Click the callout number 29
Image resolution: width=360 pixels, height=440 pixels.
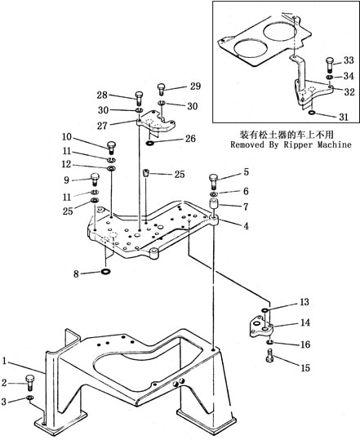click(x=196, y=87)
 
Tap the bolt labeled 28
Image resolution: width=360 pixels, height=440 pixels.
click(x=140, y=98)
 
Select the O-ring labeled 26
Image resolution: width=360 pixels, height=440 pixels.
click(x=150, y=144)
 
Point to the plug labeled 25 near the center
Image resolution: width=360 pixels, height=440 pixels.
click(x=145, y=172)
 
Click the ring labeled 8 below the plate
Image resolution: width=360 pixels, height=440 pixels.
click(x=106, y=272)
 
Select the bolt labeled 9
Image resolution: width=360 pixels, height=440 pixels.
click(x=95, y=180)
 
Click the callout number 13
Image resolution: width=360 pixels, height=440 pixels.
click(x=304, y=302)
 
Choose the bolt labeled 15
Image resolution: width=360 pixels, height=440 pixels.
click(x=270, y=356)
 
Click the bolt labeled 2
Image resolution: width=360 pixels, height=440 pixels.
click(x=29, y=383)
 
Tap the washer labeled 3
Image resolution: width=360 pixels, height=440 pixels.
click(x=29, y=398)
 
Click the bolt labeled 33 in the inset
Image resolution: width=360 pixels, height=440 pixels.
click(x=330, y=64)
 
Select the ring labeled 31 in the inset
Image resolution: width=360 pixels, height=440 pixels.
click(x=312, y=113)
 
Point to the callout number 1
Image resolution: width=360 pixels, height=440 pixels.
click(x=4, y=361)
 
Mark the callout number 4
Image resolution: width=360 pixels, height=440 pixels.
click(x=246, y=226)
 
